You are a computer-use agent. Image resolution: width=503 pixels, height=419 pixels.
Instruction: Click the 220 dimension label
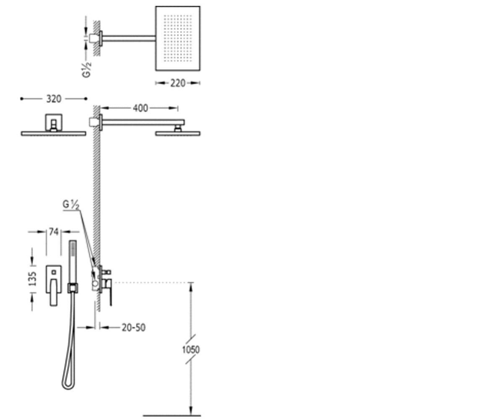click(178, 83)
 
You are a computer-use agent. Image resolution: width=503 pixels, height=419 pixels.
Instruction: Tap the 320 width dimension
click(54, 99)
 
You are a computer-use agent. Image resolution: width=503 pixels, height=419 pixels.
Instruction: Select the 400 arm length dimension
click(140, 108)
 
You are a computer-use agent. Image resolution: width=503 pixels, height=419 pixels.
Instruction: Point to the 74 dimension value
click(54, 232)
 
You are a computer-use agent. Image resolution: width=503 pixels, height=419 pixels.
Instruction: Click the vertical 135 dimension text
click(33, 279)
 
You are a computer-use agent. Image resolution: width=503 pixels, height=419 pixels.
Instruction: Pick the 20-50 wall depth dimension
click(133, 328)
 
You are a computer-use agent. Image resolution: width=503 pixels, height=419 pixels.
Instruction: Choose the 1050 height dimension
click(191, 349)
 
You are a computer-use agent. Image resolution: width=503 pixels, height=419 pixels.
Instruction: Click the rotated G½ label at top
click(87, 70)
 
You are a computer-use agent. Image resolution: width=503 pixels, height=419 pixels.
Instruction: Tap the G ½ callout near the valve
click(71, 205)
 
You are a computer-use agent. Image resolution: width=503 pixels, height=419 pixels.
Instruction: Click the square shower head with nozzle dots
click(178, 39)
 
